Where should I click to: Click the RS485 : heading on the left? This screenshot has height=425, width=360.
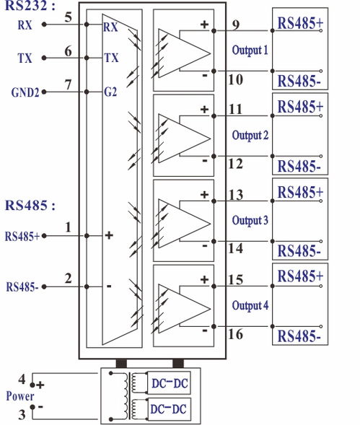click(30, 205)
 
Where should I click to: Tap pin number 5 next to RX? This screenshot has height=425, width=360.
click(68, 16)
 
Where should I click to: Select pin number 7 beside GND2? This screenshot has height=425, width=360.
click(68, 85)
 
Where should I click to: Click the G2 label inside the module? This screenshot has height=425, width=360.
click(110, 92)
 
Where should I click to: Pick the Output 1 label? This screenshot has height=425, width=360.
click(250, 51)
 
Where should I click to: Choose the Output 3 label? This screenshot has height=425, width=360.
click(250, 220)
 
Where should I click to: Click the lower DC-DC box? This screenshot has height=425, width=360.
click(170, 409)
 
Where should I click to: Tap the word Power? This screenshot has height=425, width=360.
click(19, 396)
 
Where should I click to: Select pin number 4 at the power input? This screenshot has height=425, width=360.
click(22, 379)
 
